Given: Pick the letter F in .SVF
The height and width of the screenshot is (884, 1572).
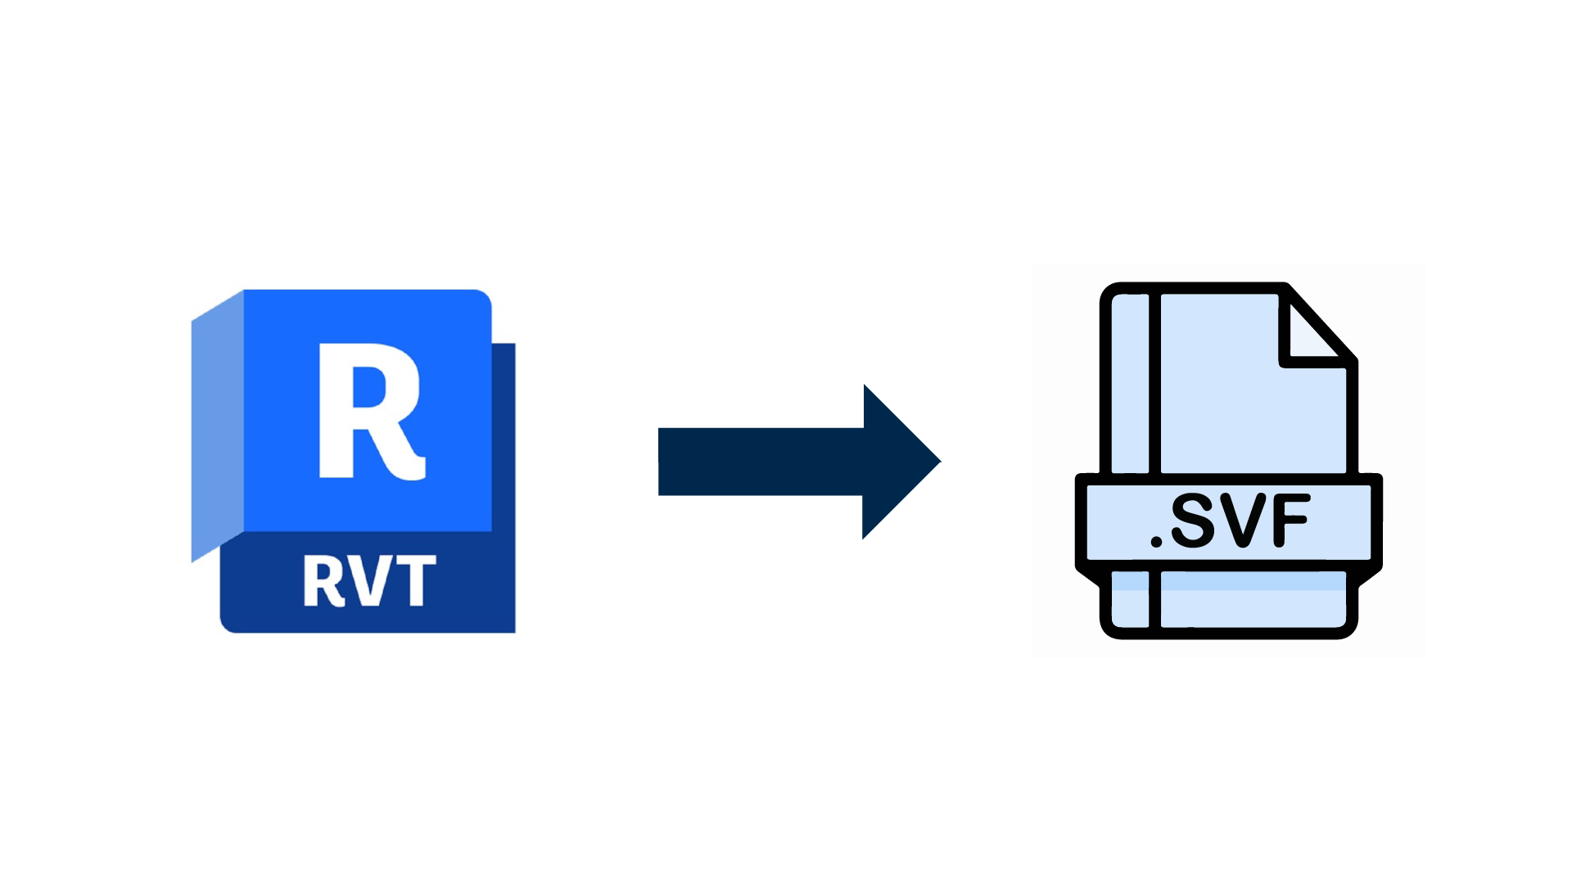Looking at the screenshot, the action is tap(1290, 521).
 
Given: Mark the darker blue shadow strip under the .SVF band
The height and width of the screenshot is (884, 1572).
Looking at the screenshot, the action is tap(1253, 581).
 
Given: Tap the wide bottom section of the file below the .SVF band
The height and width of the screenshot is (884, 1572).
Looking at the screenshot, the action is tap(1253, 610).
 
